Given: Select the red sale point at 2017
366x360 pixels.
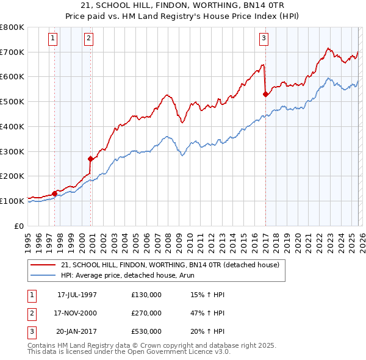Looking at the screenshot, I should point(265,94).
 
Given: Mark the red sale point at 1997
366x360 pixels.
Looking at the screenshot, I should point(55,193).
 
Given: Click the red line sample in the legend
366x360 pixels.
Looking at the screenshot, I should point(43,265).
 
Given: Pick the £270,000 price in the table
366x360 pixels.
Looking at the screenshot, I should point(146,313).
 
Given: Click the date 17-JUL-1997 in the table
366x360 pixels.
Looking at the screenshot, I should point(77,294).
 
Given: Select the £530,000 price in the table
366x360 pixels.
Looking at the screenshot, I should point(146,332).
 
